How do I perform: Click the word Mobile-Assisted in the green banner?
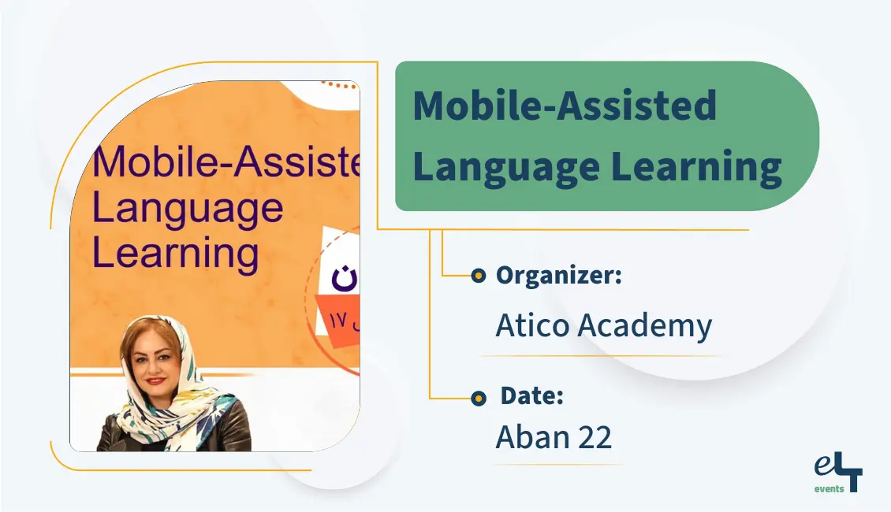tap(565, 106)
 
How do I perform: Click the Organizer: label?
tap(559, 276)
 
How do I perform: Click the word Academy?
tap(644, 326)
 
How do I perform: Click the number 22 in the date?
tap(593, 438)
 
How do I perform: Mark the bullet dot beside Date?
tap(478, 399)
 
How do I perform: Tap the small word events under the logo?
tap(829, 488)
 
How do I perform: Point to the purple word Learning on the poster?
tap(176, 253)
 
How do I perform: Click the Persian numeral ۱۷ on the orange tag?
tap(338, 321)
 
